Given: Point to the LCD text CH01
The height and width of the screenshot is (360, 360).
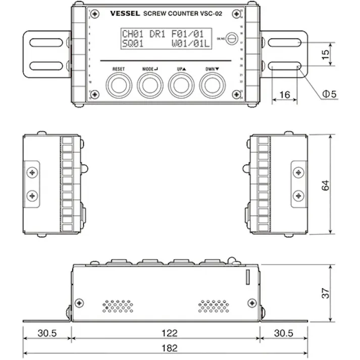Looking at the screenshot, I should click(132, 34).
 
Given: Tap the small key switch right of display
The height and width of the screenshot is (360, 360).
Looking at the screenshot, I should click(232, 38).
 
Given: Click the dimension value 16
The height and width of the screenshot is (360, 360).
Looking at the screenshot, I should click(285, 95).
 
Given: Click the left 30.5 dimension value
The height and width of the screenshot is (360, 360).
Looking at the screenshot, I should click(47, 333).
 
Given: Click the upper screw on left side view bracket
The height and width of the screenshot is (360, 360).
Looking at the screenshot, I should click(33, 173).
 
